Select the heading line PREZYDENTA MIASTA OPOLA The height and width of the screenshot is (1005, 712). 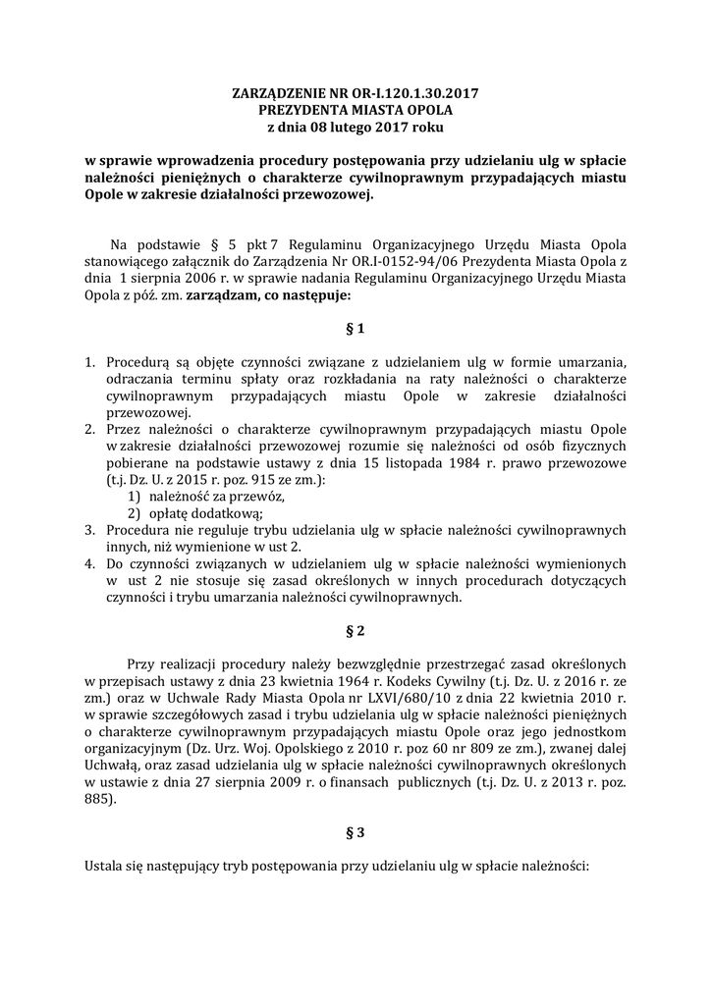click(356, 111)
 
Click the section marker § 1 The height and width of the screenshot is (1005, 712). click(356, 327)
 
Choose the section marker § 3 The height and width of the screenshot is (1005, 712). click(356, 832)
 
